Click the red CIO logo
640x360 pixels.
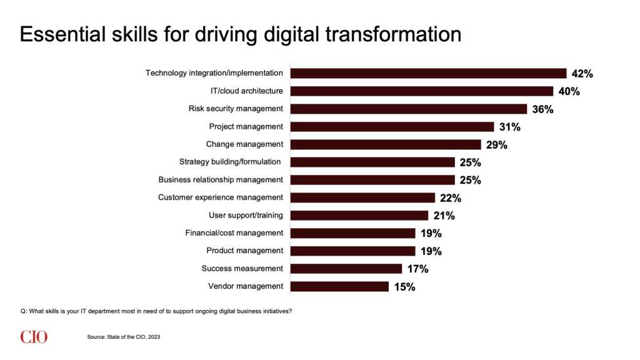34,337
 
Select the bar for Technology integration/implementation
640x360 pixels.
428,73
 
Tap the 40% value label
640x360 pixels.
569,91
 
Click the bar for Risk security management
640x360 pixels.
409,109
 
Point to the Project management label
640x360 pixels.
246,126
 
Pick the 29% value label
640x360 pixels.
496,145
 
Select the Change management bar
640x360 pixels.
386,144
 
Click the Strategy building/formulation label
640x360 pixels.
230,162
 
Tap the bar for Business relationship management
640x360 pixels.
372,180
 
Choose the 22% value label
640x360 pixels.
450,198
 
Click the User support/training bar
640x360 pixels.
359,216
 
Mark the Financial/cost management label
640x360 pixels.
234,233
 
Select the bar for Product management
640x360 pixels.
352,251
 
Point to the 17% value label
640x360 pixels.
417,269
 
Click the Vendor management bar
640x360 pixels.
339,287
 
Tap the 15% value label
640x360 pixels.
404,287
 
